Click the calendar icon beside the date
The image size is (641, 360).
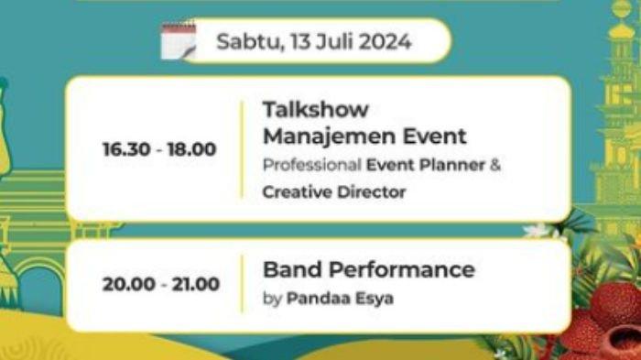click(x=179, y=41)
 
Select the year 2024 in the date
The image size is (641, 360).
click(x=385, y=42)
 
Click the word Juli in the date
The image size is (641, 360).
click(x=338, y=42)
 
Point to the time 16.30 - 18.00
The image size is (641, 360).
click(x=159, y=149)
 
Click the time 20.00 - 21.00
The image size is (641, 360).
click(x=160, y=284)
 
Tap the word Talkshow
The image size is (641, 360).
click(x=315, y=110)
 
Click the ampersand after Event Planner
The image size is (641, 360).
click(x=494, y=166)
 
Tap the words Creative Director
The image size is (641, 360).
click(x=333, y=192)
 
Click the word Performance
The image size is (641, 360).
click(x=404, y=270)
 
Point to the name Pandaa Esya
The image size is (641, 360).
click(x=340, y=298)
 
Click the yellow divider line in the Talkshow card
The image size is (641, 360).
click(x=243, y=149)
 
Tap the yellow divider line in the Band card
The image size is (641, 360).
click(x=243, y=284)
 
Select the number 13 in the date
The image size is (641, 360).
click(x=300, y=42)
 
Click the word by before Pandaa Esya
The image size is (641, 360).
click(x=272, y=299)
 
